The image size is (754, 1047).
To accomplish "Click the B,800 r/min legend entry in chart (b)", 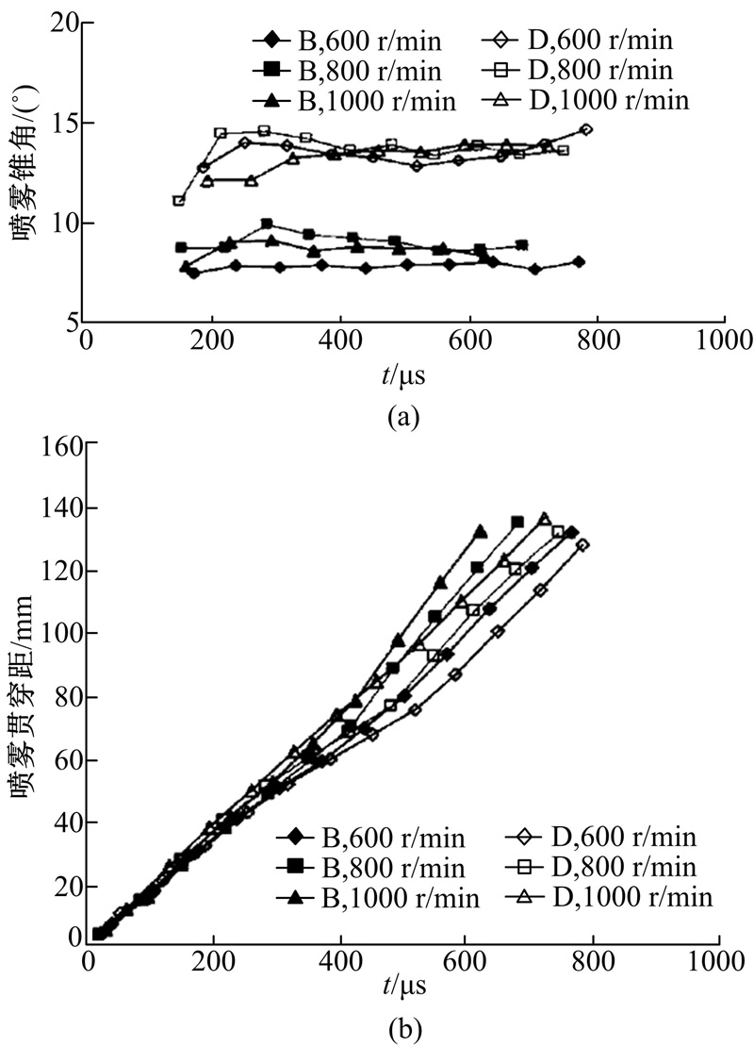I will click(x=372, y=867).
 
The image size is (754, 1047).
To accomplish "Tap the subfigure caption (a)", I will click(x=402, y=416).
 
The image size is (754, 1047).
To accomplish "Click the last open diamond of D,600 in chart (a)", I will click(x=586, y=129).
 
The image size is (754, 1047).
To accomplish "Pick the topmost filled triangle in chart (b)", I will click(x=481, y=532).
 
